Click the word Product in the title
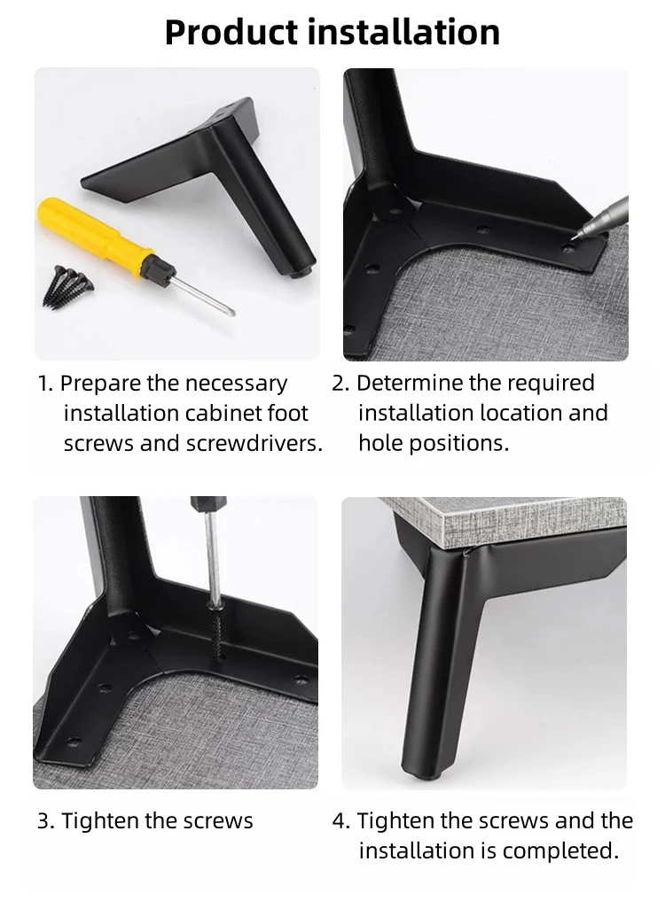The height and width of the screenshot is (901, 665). [232, 32]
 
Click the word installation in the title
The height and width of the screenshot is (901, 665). [403, 32]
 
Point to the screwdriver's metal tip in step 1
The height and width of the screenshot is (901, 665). [231, 312]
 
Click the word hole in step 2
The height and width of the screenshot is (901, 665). [379, 443]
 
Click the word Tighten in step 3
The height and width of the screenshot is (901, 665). [100, 821]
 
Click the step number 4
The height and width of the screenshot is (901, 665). [340, 821]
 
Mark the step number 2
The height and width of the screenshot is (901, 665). [340, 384]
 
